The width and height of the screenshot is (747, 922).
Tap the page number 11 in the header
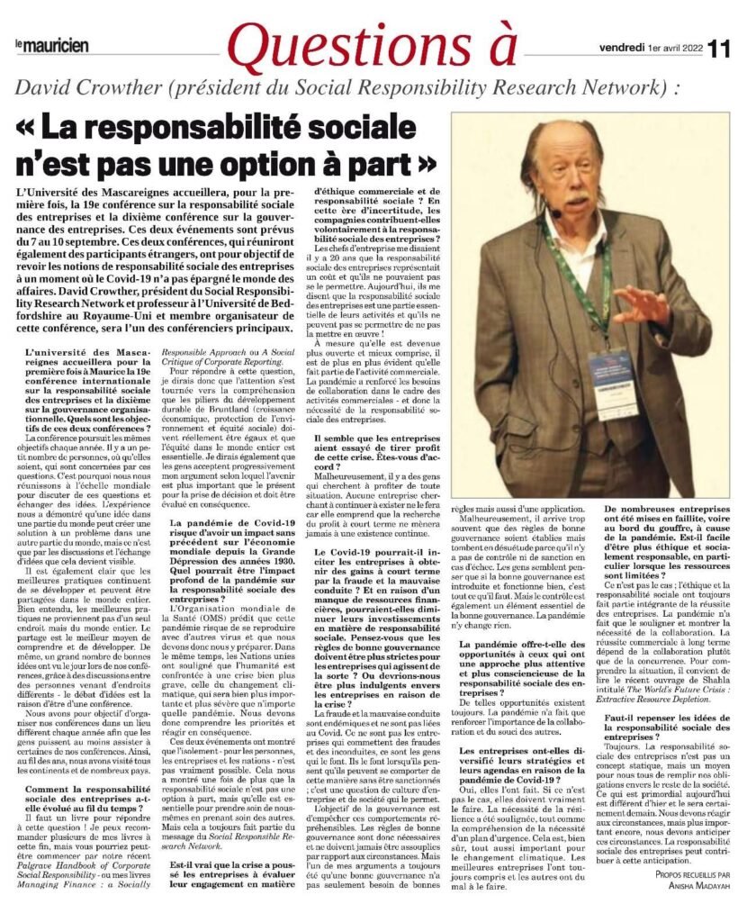(721, 46)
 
